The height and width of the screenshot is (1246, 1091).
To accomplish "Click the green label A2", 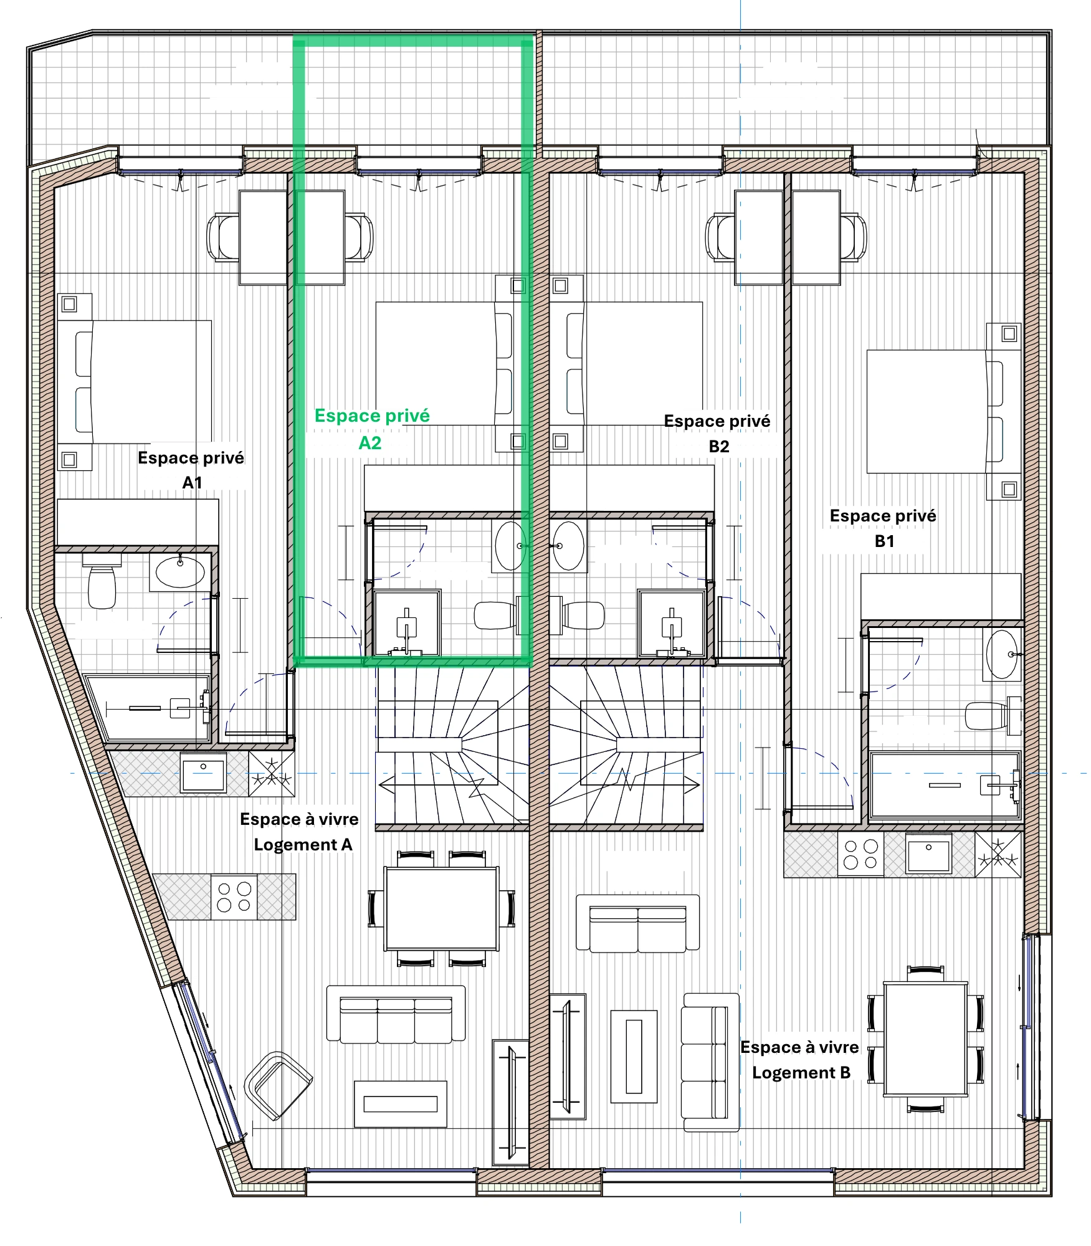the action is coord(369,443).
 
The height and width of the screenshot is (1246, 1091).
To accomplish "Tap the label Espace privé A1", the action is coord(191,470).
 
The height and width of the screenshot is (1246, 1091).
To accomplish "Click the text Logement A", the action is coord(303,845).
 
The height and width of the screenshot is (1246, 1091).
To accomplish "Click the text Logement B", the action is coord(801,1073).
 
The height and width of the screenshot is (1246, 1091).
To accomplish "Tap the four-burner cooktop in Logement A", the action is coord(234,897).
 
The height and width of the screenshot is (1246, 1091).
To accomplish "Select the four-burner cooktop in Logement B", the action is coord(860,854).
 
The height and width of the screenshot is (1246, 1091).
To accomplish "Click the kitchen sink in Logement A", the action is coord(203,774).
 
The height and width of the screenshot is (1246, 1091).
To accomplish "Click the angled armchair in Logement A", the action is coord(278,1085).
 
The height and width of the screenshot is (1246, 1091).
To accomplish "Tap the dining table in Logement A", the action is coord(442,908).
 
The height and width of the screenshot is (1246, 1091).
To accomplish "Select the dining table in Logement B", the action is coord(926,1039).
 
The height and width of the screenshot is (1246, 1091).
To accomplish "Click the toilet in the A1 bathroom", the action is coord(102,581).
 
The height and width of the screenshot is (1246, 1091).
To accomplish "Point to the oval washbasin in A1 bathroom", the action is coord(180,572).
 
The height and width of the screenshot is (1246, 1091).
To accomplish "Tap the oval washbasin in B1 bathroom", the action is coord(1002,654).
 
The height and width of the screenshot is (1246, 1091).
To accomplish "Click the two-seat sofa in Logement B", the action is coord(638,923).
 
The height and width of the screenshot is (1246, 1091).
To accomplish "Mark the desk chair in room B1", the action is coord(852,237).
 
